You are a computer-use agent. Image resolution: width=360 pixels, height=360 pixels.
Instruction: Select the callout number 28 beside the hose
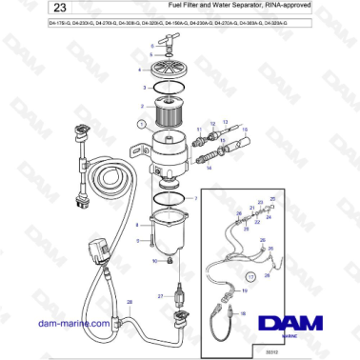point(130,302)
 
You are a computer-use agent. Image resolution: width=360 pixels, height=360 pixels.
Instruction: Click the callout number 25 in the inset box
point(273,199)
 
